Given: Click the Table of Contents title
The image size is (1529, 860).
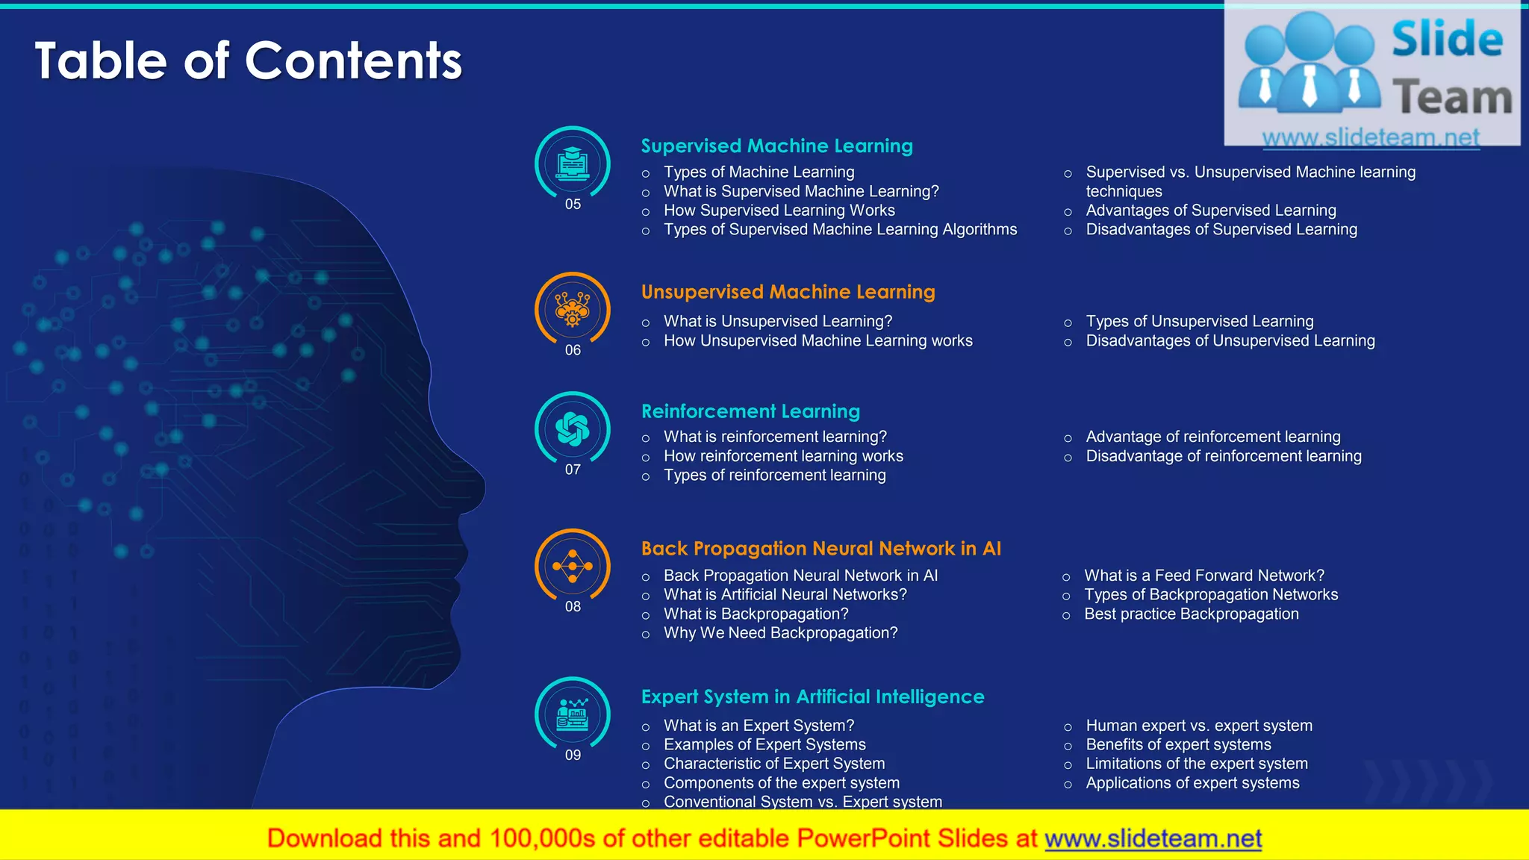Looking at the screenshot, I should (248, 60).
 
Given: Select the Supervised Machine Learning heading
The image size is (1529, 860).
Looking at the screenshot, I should (776, 146).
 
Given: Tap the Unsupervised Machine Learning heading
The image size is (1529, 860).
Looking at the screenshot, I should (788, 292).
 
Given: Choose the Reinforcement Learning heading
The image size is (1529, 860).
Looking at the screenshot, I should (750, 411).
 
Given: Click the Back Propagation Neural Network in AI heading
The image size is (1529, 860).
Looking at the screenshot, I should (820, 549).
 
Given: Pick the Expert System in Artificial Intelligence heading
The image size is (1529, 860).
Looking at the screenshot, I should (812, 697).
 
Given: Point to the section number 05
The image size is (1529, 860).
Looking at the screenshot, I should (573, 205).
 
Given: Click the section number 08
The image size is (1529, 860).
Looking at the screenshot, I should (573, 607).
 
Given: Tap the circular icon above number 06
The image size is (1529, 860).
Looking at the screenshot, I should (573, 308).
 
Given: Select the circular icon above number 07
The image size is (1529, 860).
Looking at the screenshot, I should (573, 429).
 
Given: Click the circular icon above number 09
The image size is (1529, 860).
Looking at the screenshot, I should (573, 714).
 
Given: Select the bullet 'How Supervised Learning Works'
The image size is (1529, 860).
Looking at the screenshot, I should (779, 211).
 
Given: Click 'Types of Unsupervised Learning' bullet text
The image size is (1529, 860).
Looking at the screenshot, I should (1199, 322).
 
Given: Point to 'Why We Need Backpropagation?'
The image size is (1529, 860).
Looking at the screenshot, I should (780, 633).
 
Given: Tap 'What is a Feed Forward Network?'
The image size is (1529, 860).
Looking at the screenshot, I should (1203, 576).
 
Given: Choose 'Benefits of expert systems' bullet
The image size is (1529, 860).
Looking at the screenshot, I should (1178, 745).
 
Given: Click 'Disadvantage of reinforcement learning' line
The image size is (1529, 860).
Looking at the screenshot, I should (1223, 456).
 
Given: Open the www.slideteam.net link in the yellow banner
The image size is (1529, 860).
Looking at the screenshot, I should (1153, 839).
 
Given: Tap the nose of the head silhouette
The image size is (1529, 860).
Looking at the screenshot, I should (479, 486).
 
